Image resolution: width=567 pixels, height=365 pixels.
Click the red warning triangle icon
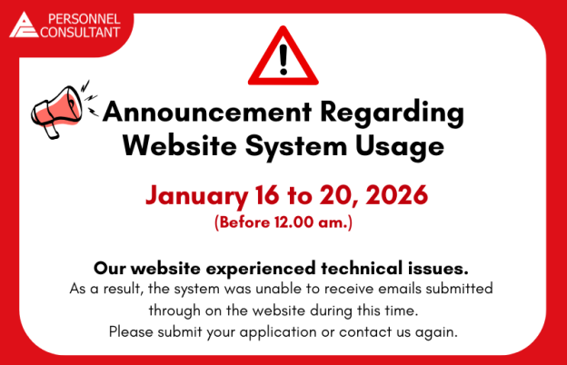pos(283,57)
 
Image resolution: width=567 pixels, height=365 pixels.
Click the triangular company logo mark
pos(25,25)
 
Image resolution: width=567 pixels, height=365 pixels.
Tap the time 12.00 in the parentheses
pos(299,220)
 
